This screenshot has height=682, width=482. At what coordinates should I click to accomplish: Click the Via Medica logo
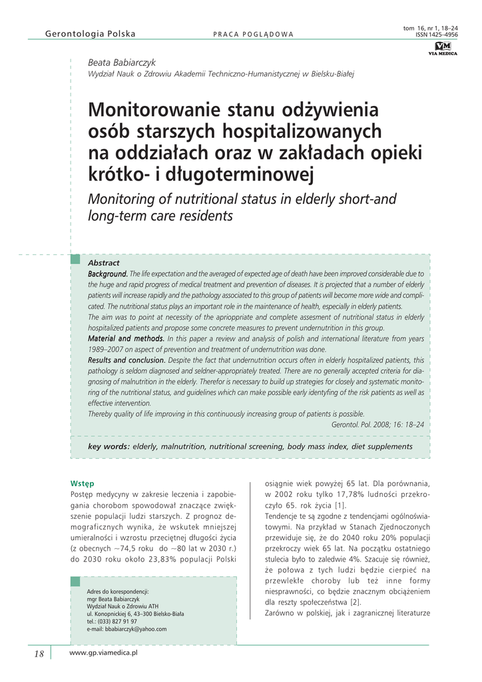coord(443,49)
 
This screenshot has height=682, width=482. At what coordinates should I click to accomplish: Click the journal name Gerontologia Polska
coord(90,34)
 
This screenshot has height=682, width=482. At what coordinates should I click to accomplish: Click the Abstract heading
coord(104,263)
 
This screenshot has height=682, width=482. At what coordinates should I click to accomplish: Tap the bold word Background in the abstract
coord(107,274)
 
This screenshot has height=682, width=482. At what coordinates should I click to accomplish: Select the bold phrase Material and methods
coord(126,338)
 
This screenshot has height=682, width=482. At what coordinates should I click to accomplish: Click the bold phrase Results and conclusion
coord(126,360)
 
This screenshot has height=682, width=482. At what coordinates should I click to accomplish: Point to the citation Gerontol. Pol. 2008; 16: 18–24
coord(377,424)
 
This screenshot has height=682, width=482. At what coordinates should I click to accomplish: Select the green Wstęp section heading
coord(82,483)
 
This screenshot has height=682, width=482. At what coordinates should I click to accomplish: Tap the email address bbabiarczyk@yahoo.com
coord(126,629)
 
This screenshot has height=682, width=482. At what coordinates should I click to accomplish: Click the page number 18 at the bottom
coord(39,654)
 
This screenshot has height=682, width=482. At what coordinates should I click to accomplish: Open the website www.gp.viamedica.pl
coord(103,654)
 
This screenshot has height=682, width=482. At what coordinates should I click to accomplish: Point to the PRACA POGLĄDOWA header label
coord(253,35)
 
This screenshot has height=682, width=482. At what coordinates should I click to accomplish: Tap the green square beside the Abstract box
coord(75,258)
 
